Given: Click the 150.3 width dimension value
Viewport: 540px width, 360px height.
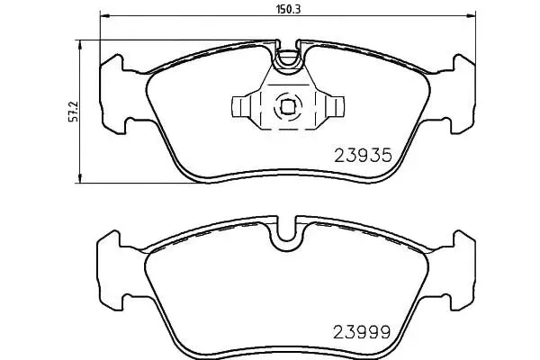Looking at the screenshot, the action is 288,9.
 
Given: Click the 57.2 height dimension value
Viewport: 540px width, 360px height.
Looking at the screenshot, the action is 74,112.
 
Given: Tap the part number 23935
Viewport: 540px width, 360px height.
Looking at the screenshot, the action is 363,155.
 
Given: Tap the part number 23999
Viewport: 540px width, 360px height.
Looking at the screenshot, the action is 362,332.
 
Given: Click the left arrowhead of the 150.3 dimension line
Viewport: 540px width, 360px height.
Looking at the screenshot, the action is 104,16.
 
